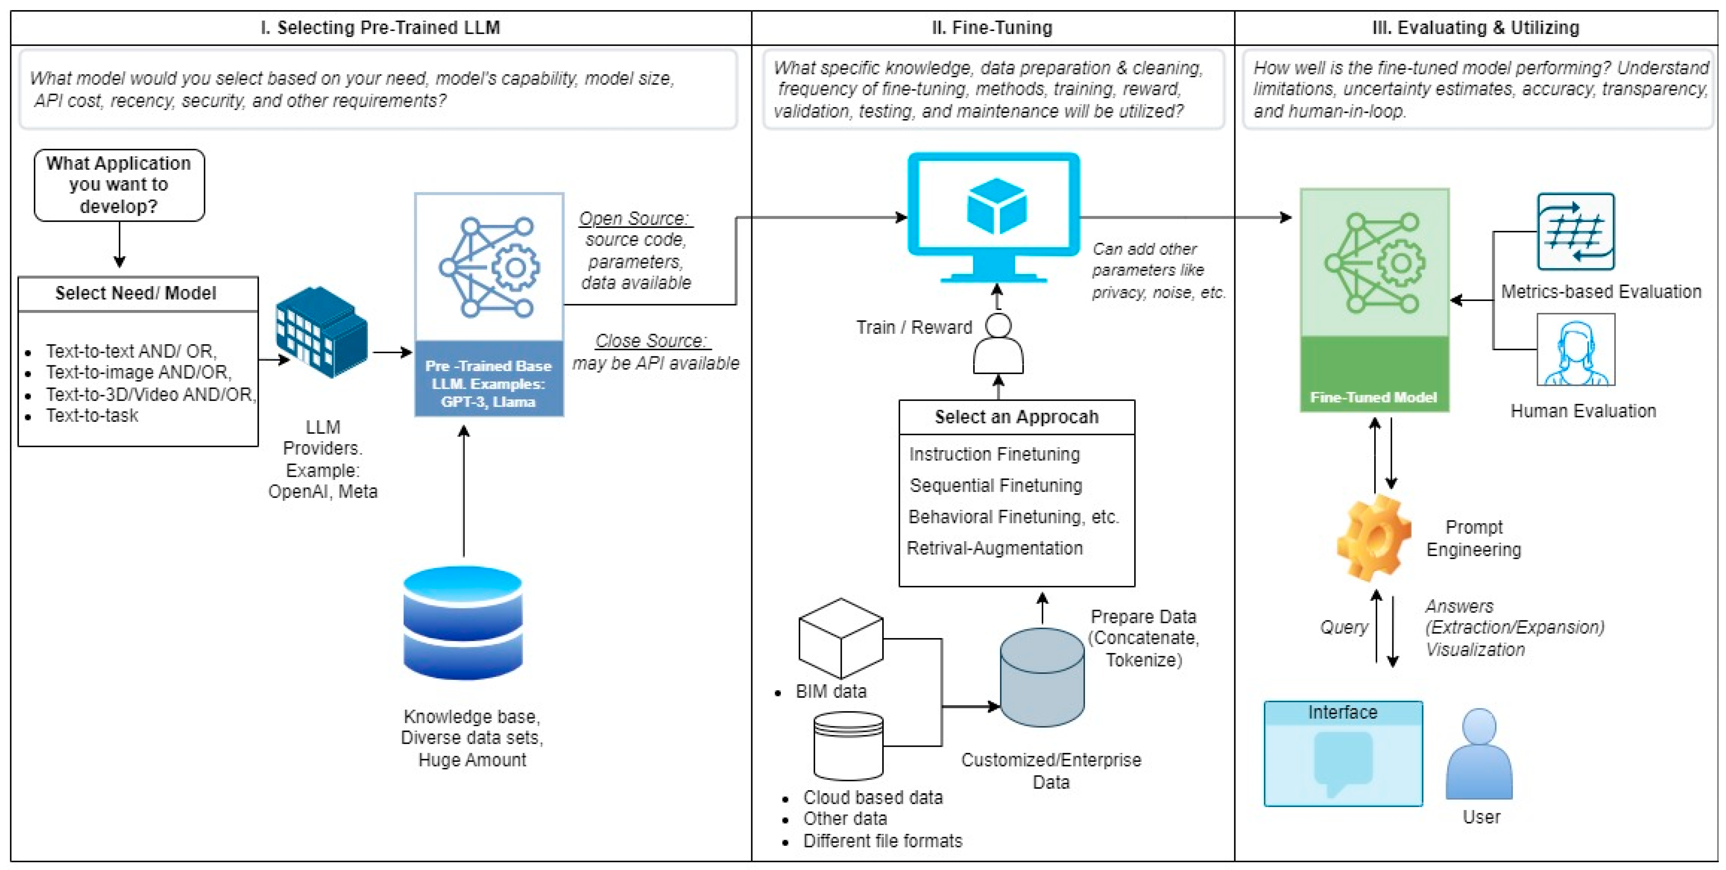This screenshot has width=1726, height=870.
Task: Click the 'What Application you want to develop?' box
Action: click(119, 185)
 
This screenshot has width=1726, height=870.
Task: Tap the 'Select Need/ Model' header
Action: click(136, 294)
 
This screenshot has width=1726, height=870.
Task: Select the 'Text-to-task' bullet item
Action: click(92, 415)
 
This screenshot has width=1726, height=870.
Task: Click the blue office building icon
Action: click(322, 332)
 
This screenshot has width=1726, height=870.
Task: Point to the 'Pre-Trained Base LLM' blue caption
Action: click(488, 383)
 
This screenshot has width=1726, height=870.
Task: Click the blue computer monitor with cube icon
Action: click(995, 215)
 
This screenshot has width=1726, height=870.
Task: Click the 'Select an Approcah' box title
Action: click(1016, 417)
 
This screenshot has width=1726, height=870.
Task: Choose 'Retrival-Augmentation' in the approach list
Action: click(994, 548)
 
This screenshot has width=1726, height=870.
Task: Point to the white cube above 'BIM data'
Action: click(841, 638)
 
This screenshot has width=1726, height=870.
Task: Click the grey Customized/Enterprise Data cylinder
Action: click(1042, 677)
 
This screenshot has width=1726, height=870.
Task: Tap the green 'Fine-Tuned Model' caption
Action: click(1373, 397)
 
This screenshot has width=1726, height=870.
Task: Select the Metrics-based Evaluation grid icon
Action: click(1575, 231)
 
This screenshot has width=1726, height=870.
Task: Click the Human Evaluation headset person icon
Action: click(1575, 350)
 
